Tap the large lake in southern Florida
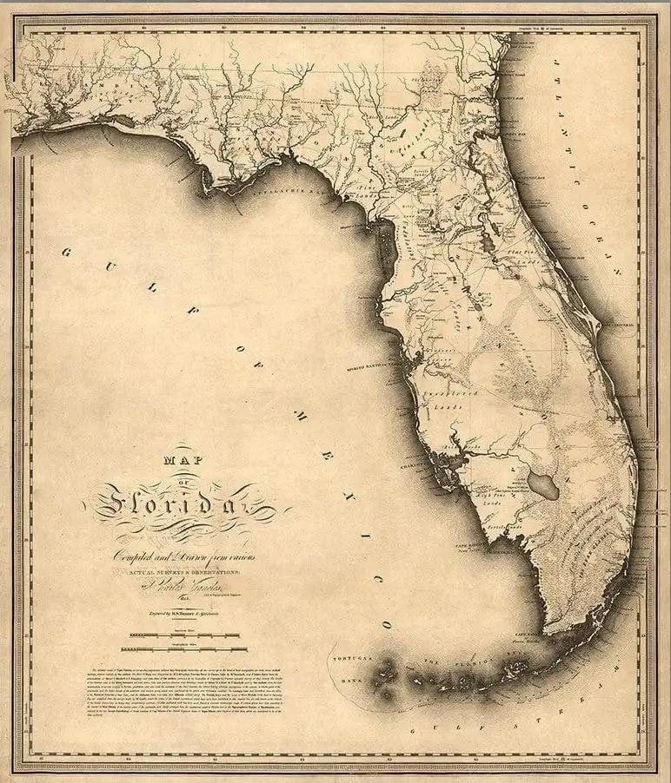click(x=543, y=486)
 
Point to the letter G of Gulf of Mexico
click(x=67, y=252)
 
